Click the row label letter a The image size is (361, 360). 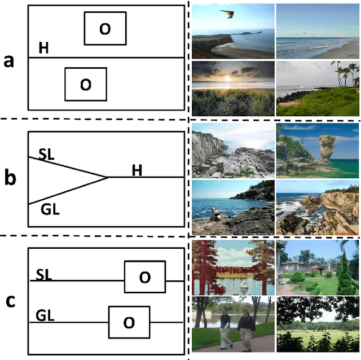[9, 60]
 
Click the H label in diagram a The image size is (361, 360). [43, 49]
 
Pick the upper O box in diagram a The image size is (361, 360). [105, 28]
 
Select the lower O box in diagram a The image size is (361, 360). [86, 84]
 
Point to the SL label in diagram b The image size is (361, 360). [46, 153]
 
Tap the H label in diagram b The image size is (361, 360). [137, 169]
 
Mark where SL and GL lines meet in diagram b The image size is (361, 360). [108, 177]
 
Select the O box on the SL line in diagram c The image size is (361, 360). [145, 276]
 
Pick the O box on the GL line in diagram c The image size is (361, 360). [129, 322]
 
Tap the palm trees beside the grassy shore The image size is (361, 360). [345, 73]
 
